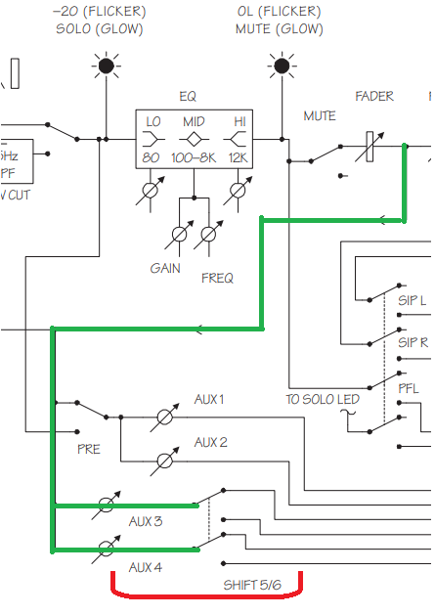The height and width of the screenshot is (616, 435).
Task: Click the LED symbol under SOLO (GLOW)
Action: (x=106, y=66)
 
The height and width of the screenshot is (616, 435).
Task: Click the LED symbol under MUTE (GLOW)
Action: (x=282, y=66)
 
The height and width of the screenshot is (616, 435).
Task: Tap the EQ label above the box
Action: (x=188, y=97)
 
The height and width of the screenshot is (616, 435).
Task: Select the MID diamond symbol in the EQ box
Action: (x=194, y=139)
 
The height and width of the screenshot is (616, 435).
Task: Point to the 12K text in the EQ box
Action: (x=238, y=158)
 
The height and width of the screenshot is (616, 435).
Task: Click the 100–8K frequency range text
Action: (x=194, y=158)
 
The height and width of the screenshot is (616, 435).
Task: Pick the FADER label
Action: (x=374, y=96)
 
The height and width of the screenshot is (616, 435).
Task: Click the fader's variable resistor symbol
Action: (x=370, y=147)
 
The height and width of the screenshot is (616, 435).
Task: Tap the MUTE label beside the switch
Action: (x=320, y=116)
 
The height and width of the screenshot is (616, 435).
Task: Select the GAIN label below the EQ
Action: (x=165, y=269)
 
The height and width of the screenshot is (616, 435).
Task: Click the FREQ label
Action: (x=217, y=278)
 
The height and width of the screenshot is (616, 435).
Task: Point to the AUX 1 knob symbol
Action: (x=164, y=417)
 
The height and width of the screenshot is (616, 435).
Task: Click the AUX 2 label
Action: (x=211, y=442)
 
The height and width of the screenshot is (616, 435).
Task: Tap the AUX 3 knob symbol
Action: (x=106, y=505)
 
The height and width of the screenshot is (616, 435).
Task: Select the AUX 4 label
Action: (x=146, y=567)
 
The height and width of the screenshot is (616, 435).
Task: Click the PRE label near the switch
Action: (x=89, y=449)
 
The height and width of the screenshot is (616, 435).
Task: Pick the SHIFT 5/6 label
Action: (x=252, y=585)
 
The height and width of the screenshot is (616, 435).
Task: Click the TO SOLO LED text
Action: (x=323, y=400)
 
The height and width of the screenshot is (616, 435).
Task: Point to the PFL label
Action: (x=409, y=388)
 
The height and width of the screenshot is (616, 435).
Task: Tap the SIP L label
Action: (x=412, y=300)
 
